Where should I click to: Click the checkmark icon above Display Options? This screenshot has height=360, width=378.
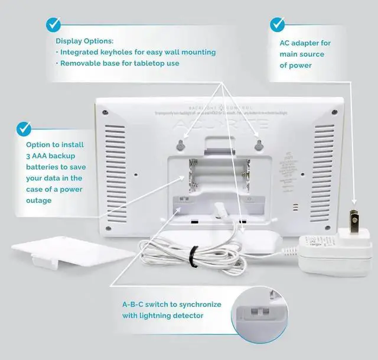pos(54,25)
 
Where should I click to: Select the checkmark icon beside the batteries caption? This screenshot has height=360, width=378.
pos(24,128)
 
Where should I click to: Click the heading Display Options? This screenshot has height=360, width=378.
pos(84,41)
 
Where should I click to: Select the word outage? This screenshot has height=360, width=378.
pos(38,200)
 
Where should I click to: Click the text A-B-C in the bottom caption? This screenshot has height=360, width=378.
pos(135,304)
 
